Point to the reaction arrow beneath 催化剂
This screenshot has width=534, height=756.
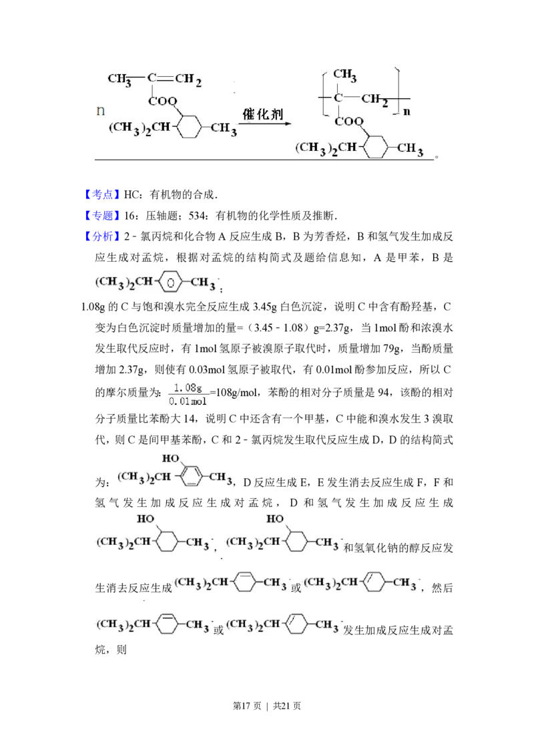(265, 124)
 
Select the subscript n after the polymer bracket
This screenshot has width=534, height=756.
(406, 112)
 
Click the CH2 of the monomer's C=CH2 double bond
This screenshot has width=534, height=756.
(188, 80)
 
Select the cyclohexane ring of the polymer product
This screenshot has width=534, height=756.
(376, 146)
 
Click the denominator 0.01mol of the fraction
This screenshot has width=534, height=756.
(188, 402)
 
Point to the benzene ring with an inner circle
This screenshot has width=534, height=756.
(171, 283)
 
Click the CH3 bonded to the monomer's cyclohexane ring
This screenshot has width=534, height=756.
(224, 128)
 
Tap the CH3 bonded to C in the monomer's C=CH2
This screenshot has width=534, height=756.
(119, 79)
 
